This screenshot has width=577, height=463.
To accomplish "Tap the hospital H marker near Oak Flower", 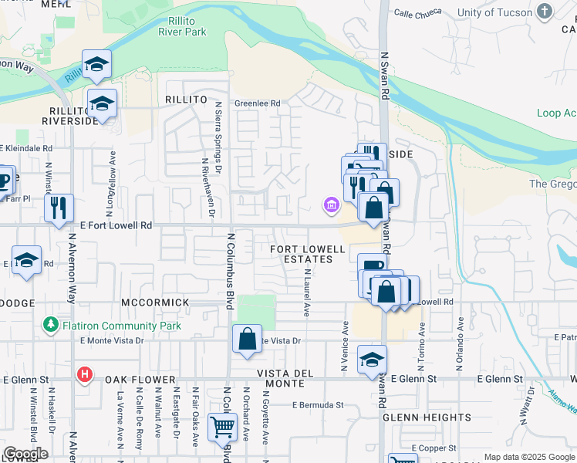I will [85, 376].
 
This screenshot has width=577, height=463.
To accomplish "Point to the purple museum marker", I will [331, 204].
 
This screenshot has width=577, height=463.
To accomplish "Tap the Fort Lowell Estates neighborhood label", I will [302, 254].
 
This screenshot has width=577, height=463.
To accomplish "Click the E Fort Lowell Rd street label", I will [116, 225].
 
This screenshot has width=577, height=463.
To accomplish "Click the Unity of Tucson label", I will [505, 12].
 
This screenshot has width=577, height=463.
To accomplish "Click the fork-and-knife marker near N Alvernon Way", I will [58, 207].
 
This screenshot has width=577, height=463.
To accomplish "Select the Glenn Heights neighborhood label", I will [427, 417].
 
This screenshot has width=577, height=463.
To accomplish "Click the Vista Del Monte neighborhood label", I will [285, 378].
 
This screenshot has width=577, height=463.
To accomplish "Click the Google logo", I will [25, 454].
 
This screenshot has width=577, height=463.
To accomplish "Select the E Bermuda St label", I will [317, 404].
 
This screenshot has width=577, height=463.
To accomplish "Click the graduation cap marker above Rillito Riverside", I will [97, 64].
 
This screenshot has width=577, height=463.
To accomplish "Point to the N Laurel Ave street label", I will [306, 293].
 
